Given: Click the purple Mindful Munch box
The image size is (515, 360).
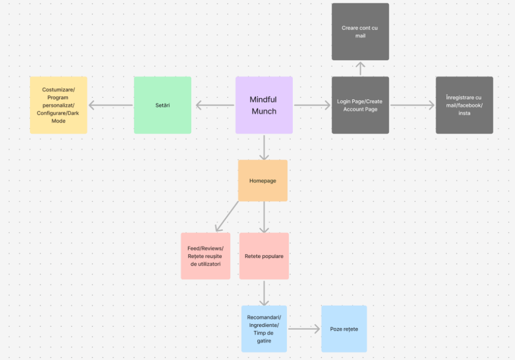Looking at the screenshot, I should tap(263, 105).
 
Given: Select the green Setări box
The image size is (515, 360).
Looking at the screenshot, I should tap(162, 105).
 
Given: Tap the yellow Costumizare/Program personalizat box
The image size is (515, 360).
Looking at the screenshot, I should tap(58, 105).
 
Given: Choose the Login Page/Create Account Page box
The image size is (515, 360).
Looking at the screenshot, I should tap(360, 105).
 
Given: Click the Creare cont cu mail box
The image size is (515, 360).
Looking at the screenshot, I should tap(360, 31).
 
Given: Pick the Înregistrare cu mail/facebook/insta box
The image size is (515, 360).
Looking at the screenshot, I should tap(464, 105).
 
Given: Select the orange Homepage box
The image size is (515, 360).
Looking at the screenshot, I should tap(262, 180).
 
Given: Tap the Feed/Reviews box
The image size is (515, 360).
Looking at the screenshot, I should tap(205, 256).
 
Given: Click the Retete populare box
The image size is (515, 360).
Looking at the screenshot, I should tap(263, 256).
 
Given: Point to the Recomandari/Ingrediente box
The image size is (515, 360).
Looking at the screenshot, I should tap(264, 329).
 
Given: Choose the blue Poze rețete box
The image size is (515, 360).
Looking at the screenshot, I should tap(344, 329).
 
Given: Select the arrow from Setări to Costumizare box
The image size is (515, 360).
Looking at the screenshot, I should tap(111, 105).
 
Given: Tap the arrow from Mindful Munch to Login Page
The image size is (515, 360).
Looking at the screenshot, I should tap(312, 105).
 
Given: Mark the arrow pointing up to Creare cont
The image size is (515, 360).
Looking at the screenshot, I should tap(360, 68).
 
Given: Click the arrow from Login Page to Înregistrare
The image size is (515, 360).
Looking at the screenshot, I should tap(412, 105).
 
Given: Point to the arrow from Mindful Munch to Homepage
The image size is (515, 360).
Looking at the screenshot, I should tap(264, 147).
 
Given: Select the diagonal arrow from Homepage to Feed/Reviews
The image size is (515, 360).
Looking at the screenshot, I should tap(227, 216).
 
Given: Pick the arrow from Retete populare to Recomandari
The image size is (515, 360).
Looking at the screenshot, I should tap(264, 293).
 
